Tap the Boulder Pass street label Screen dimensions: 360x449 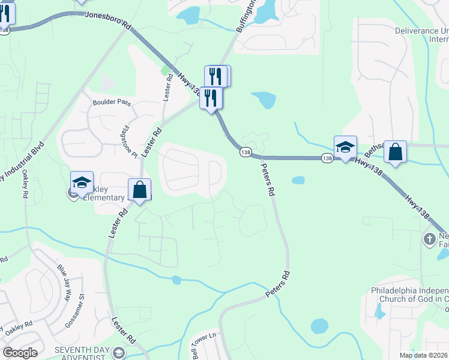coord(112,103)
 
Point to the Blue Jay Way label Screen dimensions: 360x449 coord(64,278)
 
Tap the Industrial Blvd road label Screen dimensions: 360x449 coord(23,162)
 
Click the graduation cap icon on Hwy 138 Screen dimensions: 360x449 coord(346,146)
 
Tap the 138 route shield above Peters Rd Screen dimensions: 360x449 coord(246,152)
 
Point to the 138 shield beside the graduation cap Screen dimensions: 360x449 coord(327,158)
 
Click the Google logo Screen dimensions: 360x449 coord(20,353)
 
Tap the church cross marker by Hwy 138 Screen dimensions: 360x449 coord(429,239)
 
